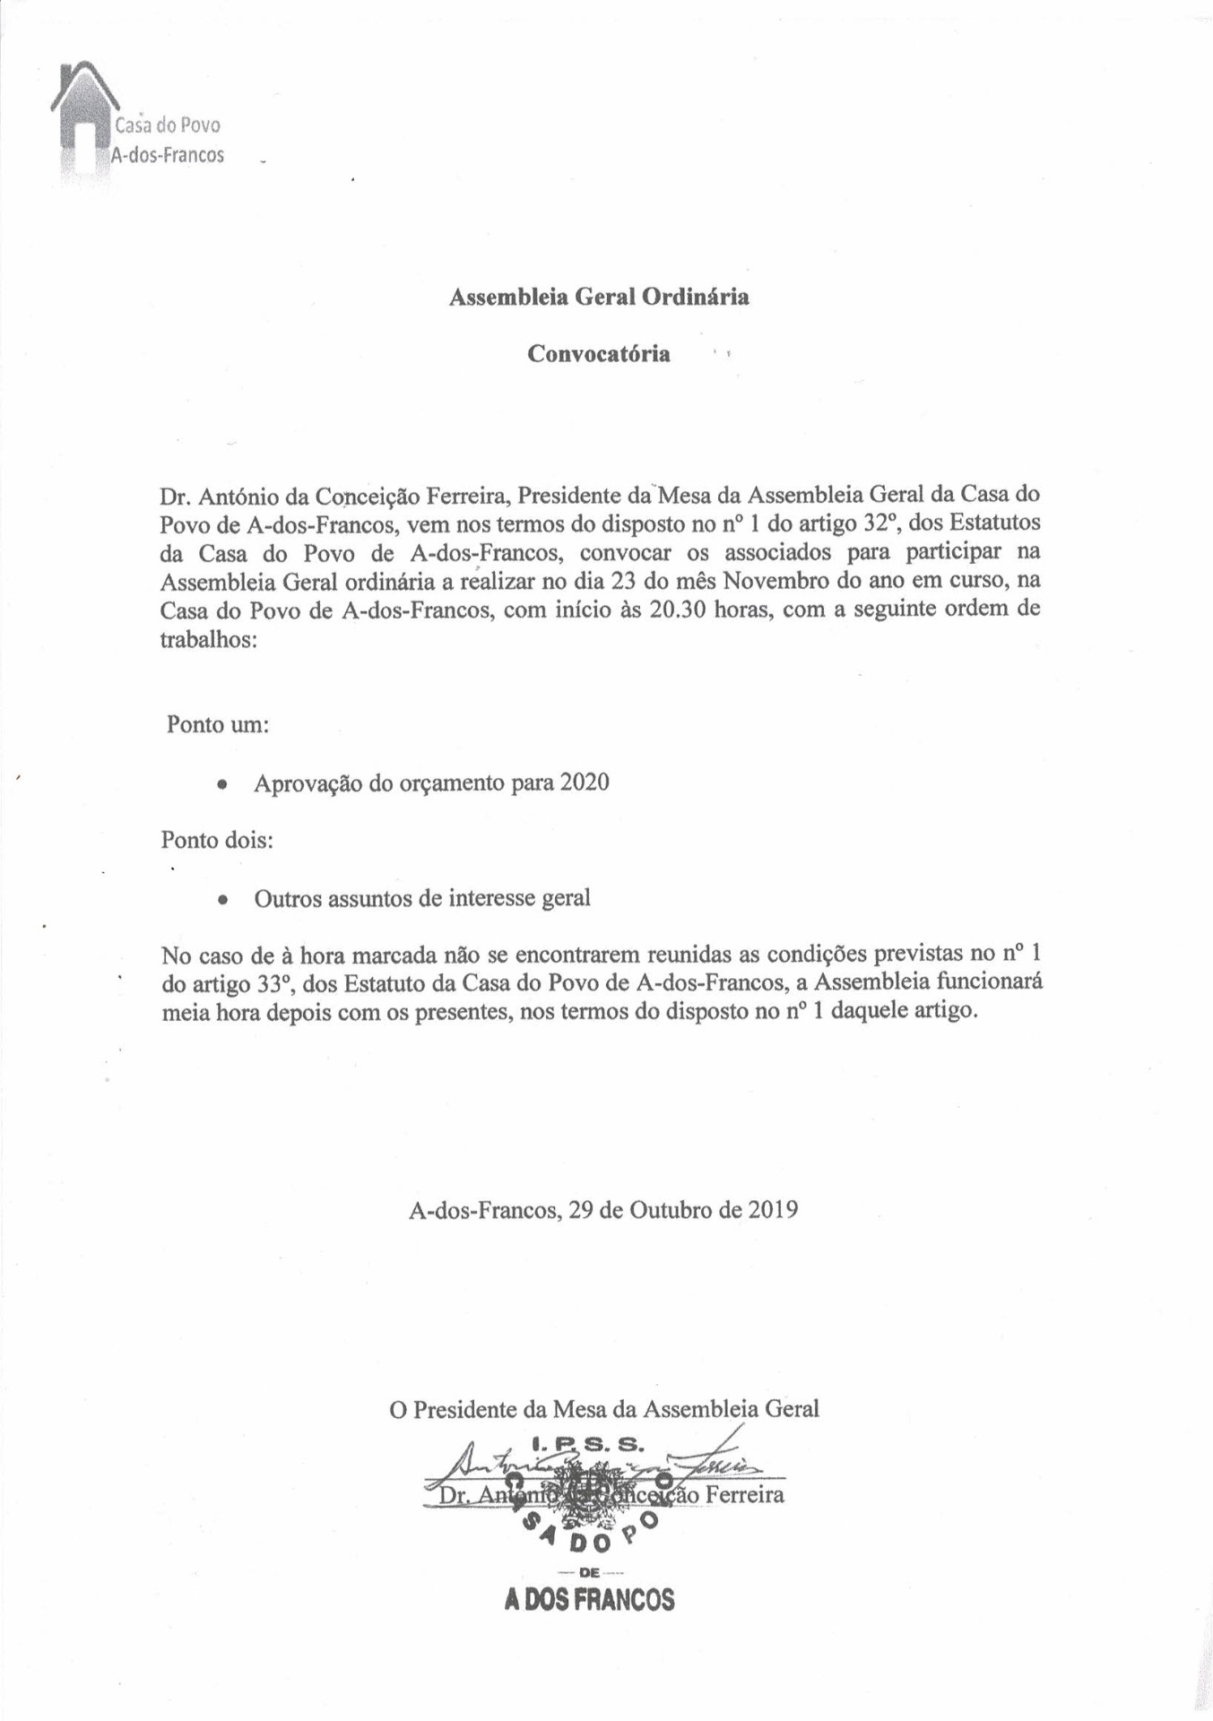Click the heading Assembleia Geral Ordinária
(x=599, y=297)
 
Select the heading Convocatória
(x=598, y=354)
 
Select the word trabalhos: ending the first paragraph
(x=208, y=640)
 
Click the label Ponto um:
(x=218, y=724)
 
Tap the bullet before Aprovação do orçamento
(x=221, y=784)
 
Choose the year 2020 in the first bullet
(x=584, y=783)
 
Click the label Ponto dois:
(x=217, y=841)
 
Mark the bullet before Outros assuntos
(x=221, y=899)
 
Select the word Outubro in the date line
(x=670, y=1210)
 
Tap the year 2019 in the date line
(x=773, y=1210)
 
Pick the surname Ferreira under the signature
(x=744, y=1494)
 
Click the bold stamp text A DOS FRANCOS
(x=589, y=1600)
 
